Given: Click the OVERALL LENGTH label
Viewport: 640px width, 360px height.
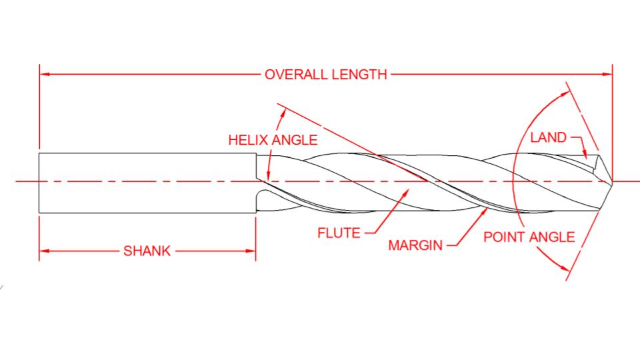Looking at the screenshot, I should coord(325,74).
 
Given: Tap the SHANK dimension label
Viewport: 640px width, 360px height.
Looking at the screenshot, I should coord(147,251).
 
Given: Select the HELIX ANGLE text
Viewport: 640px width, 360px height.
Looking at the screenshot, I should coord(273,141).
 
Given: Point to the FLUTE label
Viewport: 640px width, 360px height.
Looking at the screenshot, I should coord(338,233).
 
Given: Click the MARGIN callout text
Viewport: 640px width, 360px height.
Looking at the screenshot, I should coord(415,245).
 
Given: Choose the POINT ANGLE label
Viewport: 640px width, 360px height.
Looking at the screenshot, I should coord(529,237).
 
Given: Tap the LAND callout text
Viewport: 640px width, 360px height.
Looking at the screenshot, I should coord(548,137).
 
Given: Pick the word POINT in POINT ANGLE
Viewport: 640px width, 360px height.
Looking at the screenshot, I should coord(504,237).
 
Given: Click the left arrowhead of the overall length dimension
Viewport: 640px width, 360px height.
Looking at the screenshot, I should coord(44,74).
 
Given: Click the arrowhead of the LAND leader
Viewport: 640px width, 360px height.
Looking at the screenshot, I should coord(587,158).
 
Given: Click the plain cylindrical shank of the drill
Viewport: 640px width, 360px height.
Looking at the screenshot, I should coord(147,183).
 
